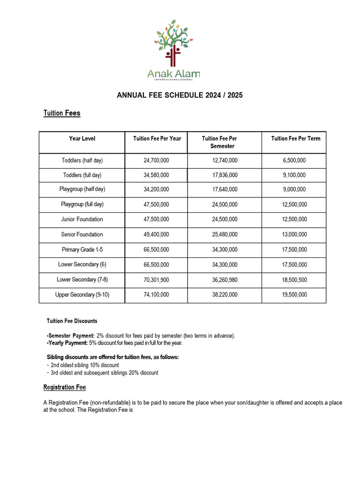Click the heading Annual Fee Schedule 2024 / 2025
[180, 95]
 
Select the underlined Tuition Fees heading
[62, 113]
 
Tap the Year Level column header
[82, 138]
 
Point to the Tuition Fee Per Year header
[157, 138]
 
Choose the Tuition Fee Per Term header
[295, 138]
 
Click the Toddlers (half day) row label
[82, 160]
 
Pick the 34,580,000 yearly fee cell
[156, 175]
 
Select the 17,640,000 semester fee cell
[225, 190]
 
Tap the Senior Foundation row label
[82, 234]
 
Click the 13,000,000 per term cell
[294, 234]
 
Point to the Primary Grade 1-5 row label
[82, 249]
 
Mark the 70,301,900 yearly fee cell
[156, 280]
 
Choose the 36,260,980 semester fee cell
[225, 280]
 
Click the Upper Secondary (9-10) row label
[82, 295]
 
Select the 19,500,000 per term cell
[294, 295]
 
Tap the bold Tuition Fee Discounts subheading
[72, 321]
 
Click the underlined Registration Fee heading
[65, 388]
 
